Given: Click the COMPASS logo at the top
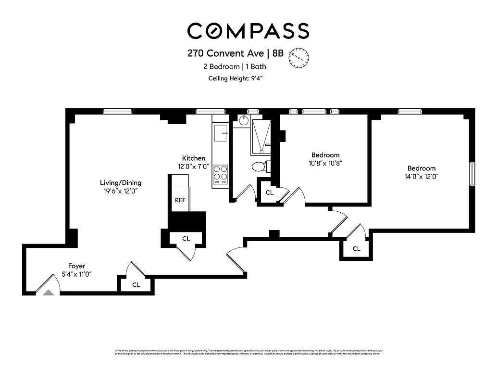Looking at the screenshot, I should pyautogui.click(x=248, y=31).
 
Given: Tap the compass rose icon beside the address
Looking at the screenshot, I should pyautogui.click(x=298, y=57).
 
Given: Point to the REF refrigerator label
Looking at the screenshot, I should pyautogui.click(x=180, y=200).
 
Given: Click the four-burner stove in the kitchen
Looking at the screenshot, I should pyautogui.click(x=221, y=173).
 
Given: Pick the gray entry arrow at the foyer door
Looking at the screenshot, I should pyautogui.click(x=49, y=292).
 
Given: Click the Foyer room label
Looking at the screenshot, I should pyautogui.click(x=76, y=266).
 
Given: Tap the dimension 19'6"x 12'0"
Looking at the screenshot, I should pyautogui.click(x=120, y=191).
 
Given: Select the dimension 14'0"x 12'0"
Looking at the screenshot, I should pyautogui.click(x=422, y=177).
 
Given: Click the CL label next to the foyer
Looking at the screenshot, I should pyautogui.click(x=136, y=285).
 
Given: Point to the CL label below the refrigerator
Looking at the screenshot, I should pyautogui.click(x=186, y=238).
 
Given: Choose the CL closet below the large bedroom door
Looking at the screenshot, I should pyautogui.click(x=356, y=249).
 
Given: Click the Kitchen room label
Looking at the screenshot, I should pyautogui.click(x=194, y=158).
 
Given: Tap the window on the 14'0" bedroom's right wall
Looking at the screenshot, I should pyautogui.click(x=472, y=174).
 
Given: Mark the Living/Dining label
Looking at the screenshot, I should pyautogui.click(x=120, y=183).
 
